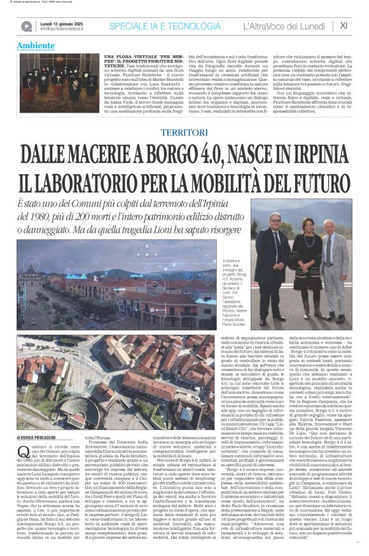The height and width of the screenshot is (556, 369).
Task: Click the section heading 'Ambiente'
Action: [x=36, y=46]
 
